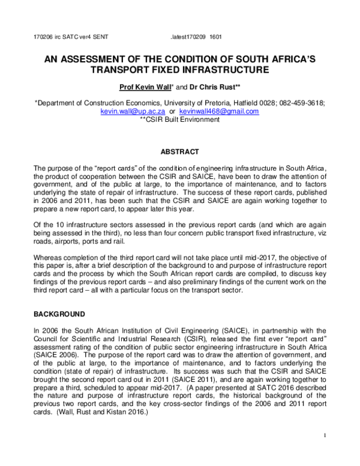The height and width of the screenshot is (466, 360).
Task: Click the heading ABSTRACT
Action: click(x=179, y=153)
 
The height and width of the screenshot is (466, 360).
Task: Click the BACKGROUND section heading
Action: click(x=59, y=314)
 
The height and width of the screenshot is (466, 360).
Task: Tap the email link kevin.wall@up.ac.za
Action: click(x=131, y=112)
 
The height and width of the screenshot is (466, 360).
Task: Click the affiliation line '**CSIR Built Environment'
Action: click(x=179, y=120)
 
